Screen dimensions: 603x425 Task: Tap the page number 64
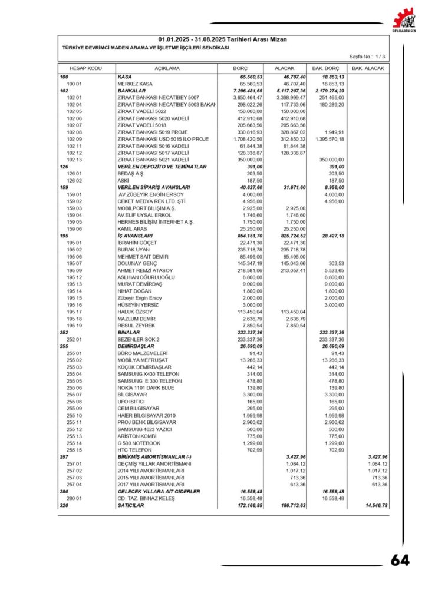pyautogui.click(x=400, y=561)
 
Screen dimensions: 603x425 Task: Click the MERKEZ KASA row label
pyautogui.click(x=135, y=84)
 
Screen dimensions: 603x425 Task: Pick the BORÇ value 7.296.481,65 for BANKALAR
pyautogui.click(x=248, y=91)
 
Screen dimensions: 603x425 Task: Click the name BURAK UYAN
pyautogui.click(x=134, y=249)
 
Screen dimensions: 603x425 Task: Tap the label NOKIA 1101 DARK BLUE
pyautogui.click(x=146, y=388)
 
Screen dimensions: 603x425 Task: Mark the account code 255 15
pyautogui.click(x=74, y=449)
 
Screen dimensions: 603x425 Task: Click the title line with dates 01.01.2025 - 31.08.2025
pyautogui.click(x=222, y=39)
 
